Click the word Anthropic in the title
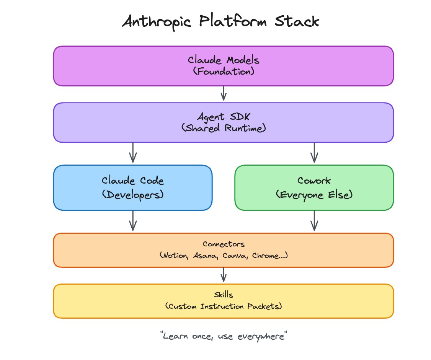tap(157, 22)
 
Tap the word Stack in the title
tap(297, 21)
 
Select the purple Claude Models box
tap(224, 66)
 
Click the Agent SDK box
tap(224, 122)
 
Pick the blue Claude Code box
tap(133, 188)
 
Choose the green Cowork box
tap(314, 188)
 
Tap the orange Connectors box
tap(224, 250)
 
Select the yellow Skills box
tap(224, 301)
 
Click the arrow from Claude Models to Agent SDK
tap(224, 93)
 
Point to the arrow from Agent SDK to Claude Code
tap(133, 153)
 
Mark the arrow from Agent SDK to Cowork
tap(315, 153)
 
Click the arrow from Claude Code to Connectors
tap(133, 221)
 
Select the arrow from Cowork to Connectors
tap(315, 221)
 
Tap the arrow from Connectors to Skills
tap(224, 275)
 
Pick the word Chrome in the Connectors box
tap(265, 256)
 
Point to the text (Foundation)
tap(224, 72)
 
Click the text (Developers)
tap(133, 195)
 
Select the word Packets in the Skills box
tap(263, 306)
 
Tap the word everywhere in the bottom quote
tap(261, 337)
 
